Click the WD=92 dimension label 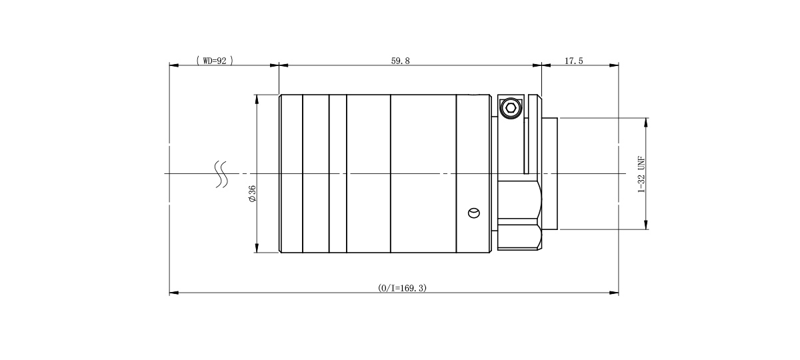coord(215,61)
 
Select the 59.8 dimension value coord(401,61)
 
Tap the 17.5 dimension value coord(573,61)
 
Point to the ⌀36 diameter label coord(252,193)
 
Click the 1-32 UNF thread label coord(642,174)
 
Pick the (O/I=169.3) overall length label coord(402,288)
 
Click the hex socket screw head coord(511,108)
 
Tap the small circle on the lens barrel coord(474,213)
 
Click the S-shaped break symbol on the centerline coord(221,174)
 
